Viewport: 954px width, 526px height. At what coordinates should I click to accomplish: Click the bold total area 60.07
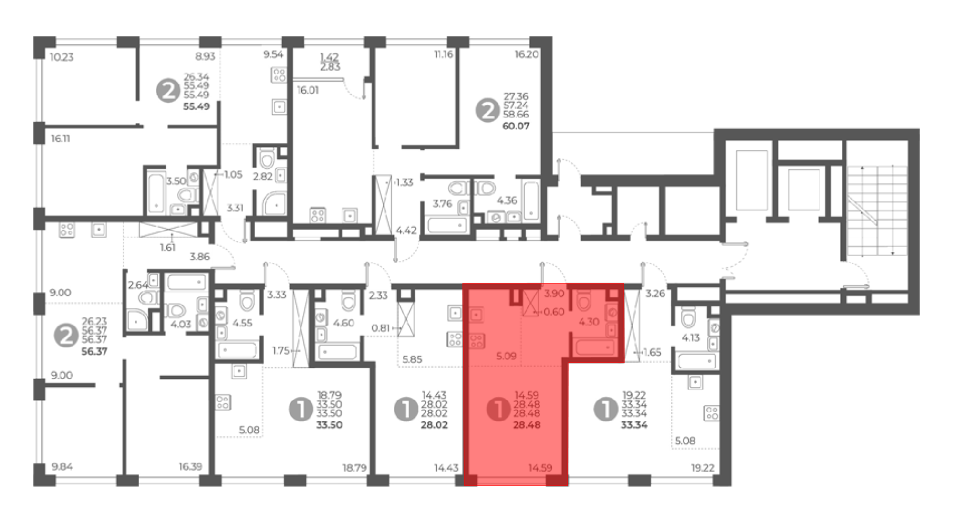click(x=516, y=126)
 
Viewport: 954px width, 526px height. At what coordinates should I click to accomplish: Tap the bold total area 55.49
click(x=197, y=106)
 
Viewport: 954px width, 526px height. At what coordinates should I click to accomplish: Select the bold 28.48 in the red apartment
click(x=527, y=425)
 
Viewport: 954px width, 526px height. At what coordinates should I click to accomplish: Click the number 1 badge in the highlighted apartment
click(x=498, y=409)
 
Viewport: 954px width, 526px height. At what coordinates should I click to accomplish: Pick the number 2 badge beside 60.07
click(x=487, y=110)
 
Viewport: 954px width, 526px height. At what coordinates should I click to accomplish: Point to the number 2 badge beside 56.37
click(x=66, y=335)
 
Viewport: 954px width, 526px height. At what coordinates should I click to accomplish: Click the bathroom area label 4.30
click(x=589, y=322)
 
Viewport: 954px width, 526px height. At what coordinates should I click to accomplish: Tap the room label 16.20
click(x=526, y=54)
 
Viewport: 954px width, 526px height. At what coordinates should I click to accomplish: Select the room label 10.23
click(x=62, y=57)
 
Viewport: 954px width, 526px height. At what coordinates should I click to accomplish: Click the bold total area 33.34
click(x=634, y=425)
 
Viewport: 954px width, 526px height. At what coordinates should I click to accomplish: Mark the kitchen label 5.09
click(x=506, y=356)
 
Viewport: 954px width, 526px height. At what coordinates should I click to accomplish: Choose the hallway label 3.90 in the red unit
click(x=554, y=294)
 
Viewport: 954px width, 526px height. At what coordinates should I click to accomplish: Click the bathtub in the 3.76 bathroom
click(x=447, y=224)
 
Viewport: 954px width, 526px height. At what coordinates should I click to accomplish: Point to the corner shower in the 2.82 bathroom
click(x=275, y=203)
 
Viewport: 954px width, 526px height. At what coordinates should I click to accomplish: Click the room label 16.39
click(x=190, y=466)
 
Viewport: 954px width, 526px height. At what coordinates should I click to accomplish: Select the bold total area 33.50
click(x=329, y=425)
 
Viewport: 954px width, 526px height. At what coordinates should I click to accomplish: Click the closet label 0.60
click(x=554, y=312)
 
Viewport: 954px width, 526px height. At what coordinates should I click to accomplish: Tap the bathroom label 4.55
click(x=242, y=323)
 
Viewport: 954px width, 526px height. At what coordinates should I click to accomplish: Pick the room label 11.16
click(x=444, y=54)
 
